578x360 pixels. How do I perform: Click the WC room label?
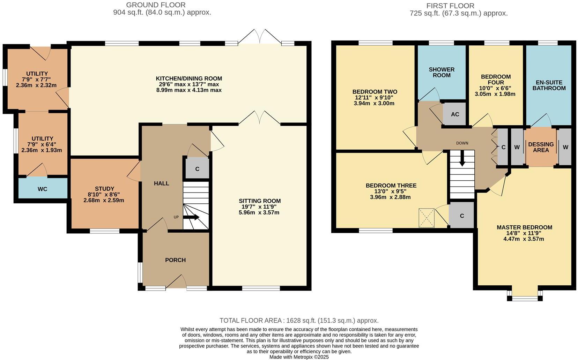tap(42, 189)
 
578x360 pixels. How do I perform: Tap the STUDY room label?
tap(104, 189)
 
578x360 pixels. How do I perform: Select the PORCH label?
tap(175, 260)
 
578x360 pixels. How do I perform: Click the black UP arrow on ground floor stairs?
tap(191, 217)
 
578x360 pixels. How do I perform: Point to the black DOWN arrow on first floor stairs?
tap(462, 161)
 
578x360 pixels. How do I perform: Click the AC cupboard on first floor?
tap(454, 114)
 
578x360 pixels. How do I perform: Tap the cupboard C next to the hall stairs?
tap(197, 169)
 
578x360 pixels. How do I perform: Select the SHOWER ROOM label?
tap(442, 72)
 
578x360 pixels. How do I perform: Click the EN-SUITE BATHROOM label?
tap(549, 85)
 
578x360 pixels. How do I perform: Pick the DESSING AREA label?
tap(541, 147)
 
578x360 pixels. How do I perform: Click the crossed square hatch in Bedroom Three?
tap(426, 218)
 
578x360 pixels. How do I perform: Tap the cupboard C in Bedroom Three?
tap(461, 216)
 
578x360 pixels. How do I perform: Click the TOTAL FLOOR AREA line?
tap(299, 320)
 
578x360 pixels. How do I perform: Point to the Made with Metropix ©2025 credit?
tap(299, 357)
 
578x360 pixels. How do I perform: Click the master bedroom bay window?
tap(525, 298)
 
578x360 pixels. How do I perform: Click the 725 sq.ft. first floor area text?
tap(459, 13)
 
